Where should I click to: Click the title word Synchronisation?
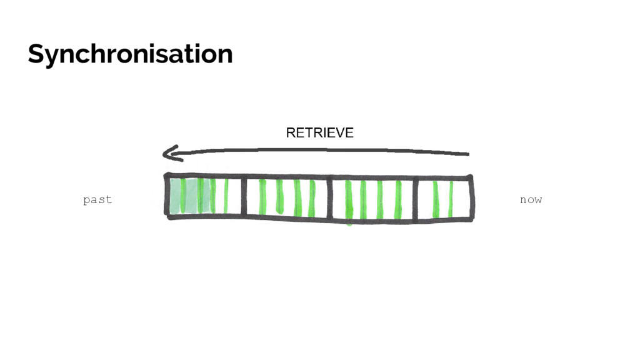[x=130, y=54]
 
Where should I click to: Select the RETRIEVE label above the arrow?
[x=319, y=132]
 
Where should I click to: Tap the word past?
[x=97, y=200]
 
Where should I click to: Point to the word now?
[x=531, y=200]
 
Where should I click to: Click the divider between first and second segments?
[x=243, y=197]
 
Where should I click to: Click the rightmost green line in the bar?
[x=451, y=199]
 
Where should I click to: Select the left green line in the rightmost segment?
[x=436, y=199]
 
